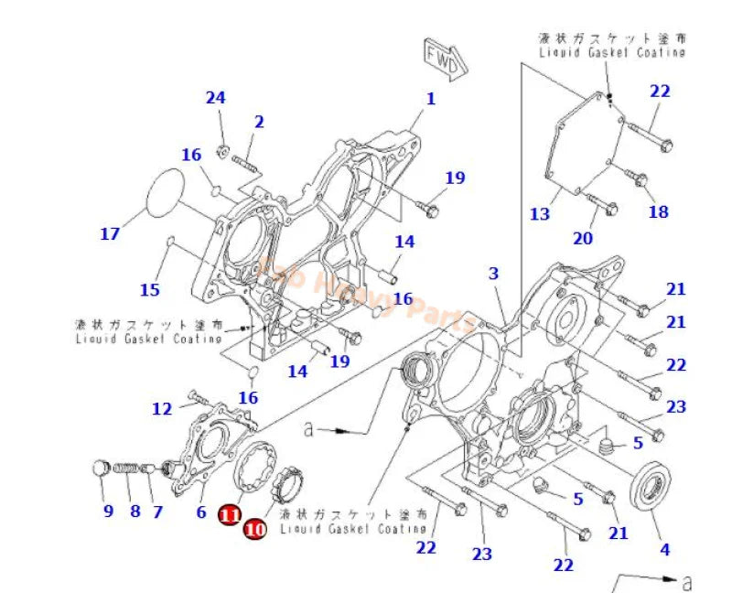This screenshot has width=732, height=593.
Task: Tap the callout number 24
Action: pos(215,98)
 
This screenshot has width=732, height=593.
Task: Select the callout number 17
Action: pos(110,234)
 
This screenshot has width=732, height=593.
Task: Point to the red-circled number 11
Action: pos(229,516)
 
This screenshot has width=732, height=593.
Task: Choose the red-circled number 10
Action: pos(255,528)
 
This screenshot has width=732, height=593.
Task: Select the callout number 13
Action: pos(540,214)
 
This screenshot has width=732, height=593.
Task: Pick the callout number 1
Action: pos(430,99)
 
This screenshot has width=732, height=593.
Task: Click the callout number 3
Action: pos(493,273)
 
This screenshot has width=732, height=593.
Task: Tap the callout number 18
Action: pos(658,211)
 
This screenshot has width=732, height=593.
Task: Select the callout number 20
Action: pos(583,239)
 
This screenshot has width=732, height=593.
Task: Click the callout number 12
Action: pos(162,408)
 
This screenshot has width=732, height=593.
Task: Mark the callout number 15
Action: pos(149,290)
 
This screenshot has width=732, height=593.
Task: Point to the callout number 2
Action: pos(259,121)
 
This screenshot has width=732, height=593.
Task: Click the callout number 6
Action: pos(200,513)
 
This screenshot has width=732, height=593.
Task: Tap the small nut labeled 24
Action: pos(222,150)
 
